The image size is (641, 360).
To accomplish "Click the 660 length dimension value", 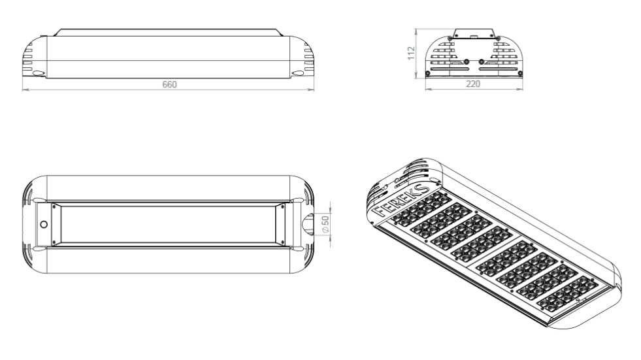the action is click(x=169, y=84).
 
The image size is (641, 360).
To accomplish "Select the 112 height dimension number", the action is click(x=411, y=53).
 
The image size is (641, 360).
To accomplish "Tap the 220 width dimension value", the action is click(x=473, y=84).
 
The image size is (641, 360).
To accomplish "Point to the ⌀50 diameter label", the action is click(x=325, y=224).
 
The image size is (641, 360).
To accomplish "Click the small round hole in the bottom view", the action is click(x=43, y=224).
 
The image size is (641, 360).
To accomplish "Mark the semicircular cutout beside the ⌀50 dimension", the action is click(x=307, y=224).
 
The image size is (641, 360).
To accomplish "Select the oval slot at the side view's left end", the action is click(x=38, y=73).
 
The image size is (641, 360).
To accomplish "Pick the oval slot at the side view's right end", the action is click(x=298, y=73).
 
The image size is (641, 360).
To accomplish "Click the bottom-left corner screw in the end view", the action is click(x=427, y=74).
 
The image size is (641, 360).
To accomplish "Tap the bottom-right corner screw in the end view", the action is click(x=520, y=74).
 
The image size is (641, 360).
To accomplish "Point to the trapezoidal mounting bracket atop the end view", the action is click(x=474, y=33).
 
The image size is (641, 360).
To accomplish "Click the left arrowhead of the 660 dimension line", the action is click(x=25, y=89).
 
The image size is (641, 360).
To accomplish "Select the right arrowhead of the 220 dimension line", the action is click(x=520, y=89).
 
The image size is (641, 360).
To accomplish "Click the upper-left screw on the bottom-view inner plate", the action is click(x=54, y=207).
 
